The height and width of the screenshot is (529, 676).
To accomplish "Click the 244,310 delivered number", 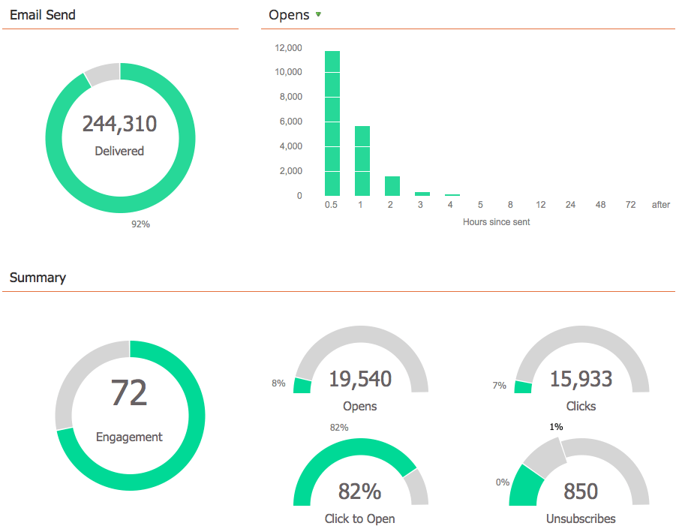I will (x=119, y=124).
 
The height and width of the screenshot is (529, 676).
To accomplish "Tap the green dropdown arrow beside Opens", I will (x=318, y=14).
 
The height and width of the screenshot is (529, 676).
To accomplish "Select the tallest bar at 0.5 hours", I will (x=332, y=123).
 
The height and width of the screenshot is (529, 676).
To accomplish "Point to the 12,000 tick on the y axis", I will (x=289, y=48).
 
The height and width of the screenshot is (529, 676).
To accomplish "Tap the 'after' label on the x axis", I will (x=661, y=205).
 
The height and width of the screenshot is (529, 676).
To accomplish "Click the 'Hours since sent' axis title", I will (x=496, y=222).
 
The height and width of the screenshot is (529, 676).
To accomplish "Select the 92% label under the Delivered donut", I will (x=140, y=224).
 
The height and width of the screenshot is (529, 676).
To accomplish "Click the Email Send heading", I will (x=43, y=14).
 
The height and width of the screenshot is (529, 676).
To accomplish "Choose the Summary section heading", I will (x=38, y=278).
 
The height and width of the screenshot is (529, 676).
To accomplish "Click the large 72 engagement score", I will (x=129, y=393).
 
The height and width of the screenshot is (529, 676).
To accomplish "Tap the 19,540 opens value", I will (x=360, y=380).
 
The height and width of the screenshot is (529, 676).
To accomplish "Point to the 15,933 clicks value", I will (x=581, y=380).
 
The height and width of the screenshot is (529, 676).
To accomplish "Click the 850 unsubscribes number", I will (x=581, y=491).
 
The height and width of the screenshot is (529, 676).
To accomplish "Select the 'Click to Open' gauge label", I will (x=359, y=518).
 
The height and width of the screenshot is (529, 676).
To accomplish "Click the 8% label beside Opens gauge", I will (x=278, y=383).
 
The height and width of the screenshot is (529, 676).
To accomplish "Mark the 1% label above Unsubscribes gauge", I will (x=556, y=426).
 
